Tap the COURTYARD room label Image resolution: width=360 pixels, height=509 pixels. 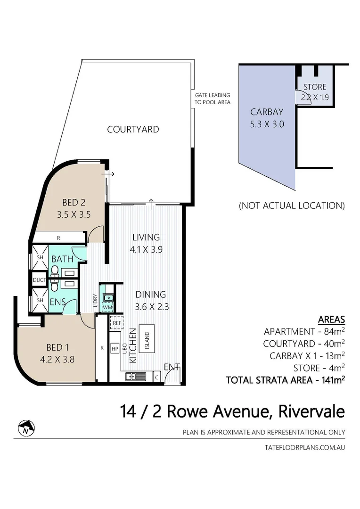click(133, 129)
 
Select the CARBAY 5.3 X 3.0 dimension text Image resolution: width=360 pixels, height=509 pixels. click(267, 125)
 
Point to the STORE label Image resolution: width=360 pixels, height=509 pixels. click(315, 87)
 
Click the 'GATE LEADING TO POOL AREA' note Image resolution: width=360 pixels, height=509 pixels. click(213, 99)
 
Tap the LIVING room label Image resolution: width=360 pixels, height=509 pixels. click(146, 237)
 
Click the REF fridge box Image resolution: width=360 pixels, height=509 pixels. click(116, 323)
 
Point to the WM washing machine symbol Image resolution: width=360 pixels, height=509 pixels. click(107, 307)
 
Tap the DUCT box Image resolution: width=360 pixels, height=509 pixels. click(38, 280)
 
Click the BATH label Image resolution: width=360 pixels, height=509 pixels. click(62, 259)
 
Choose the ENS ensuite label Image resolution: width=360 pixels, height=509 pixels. click(58, 300)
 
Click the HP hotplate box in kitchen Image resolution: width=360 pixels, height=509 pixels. click(115, 349)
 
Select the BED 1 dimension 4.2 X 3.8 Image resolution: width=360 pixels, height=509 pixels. click(55, 358)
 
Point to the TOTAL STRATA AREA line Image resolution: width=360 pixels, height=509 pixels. click(285, 379)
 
